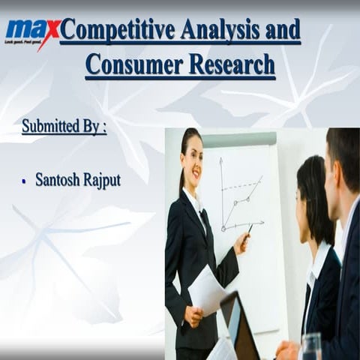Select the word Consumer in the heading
[x=129, y=64]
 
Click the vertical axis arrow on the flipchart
[x=221, y=161]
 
